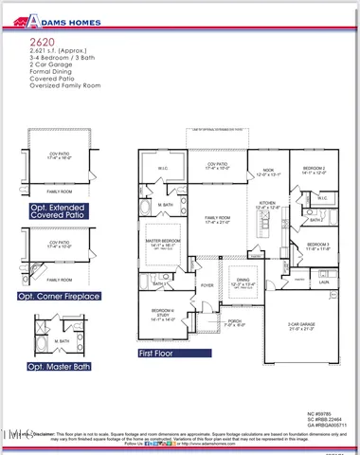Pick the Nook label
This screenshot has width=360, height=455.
[x=268, y=170]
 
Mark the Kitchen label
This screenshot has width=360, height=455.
[x=267, y=204]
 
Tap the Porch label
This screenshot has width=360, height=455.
[x=235, y=320]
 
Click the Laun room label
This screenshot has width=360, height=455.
[x=323, y=282]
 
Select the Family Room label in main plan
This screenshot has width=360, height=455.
[x=218, y=218]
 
